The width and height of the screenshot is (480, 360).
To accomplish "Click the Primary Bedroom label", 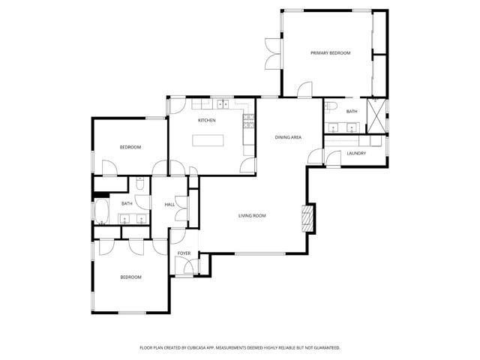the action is click(330, 53).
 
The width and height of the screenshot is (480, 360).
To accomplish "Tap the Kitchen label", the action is click(207, 120).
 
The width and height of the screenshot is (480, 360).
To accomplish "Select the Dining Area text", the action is click(288, 137).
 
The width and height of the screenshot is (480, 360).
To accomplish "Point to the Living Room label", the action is click(252, 216).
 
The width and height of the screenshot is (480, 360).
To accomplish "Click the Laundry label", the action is click(356, 153).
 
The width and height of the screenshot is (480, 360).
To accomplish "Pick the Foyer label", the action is click(184, 253).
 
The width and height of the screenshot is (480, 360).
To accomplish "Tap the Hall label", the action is click(169, 205).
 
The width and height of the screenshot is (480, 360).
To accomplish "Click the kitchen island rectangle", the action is click(208, 140).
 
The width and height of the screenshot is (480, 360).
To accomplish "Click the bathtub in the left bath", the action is click(102, 211).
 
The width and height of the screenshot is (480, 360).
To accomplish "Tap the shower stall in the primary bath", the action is click(376, 115).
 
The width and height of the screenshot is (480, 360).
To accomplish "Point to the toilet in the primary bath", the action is click(331, 106).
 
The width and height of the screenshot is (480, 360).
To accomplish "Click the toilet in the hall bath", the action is click(139, 184).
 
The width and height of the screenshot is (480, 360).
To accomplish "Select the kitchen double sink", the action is click(223, 104).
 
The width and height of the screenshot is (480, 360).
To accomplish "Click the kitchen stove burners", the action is click(248, 121).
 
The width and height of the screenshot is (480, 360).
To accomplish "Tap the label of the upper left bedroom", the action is click(130, 147).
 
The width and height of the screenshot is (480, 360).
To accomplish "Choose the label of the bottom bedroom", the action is click(130, 277).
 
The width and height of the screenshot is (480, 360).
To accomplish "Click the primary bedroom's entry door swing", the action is click(305, 89).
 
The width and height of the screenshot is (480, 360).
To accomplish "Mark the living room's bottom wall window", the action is click(260, 253).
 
